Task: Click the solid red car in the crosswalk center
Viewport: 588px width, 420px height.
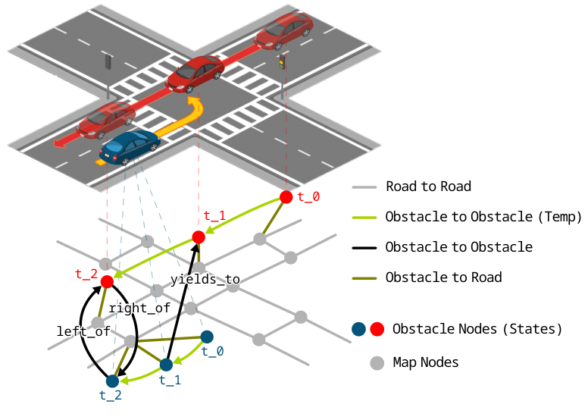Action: pyautogui.click(x=195, y=74)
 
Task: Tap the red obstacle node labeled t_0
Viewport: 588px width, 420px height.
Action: pyautogui.click(x=286, y=197)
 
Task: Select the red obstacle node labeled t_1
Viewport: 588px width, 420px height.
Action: pyautogui.click(x=199, y=237)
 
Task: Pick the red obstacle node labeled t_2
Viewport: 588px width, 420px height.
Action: pyautogui.click(x=107, y=281)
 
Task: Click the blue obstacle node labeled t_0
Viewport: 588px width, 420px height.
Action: pyautogui.click(x=206, y=336)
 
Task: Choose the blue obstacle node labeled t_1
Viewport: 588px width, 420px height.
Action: pyautogui.click(x=166, y=365)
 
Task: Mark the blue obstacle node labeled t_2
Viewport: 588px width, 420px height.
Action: pyautogui.click(x=112, y=381)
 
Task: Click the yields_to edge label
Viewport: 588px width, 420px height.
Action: pyautogui.click(x=205, y=280)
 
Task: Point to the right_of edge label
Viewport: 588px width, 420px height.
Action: pyautogui.click(x=139, y=309)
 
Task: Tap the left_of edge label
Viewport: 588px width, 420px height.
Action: pyautogui.click(x=83, y=331)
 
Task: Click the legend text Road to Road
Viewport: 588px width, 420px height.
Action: pyautogui.click(x=428, y=186)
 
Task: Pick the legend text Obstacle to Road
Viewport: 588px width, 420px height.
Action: pyautogui.click(x=443, y=277)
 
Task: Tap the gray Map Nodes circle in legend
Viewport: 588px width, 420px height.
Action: pyautogui.click(x=377, y=363)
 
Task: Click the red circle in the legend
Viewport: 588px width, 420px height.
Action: pyautogui.click(x=378, y=330)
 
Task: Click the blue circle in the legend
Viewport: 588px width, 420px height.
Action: pyautogui.click(x=360, y=330)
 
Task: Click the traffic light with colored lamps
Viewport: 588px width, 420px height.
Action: pyautogui.click(x=283, y=62)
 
